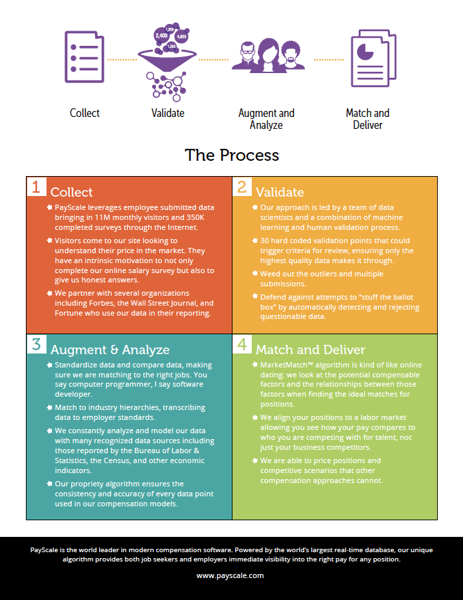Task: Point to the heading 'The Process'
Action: point(232,155)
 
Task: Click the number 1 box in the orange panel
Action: point(36,187)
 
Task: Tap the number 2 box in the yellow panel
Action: point(242,187)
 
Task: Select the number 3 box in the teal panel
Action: point(36,344)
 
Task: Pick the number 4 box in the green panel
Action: point(242,344)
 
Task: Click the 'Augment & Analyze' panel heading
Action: point(110,350)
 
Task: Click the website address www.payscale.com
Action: point(231,575)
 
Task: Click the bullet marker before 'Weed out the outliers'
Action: point(254,273)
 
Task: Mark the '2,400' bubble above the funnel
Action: point(161,35)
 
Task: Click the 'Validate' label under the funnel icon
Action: point(168,113)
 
